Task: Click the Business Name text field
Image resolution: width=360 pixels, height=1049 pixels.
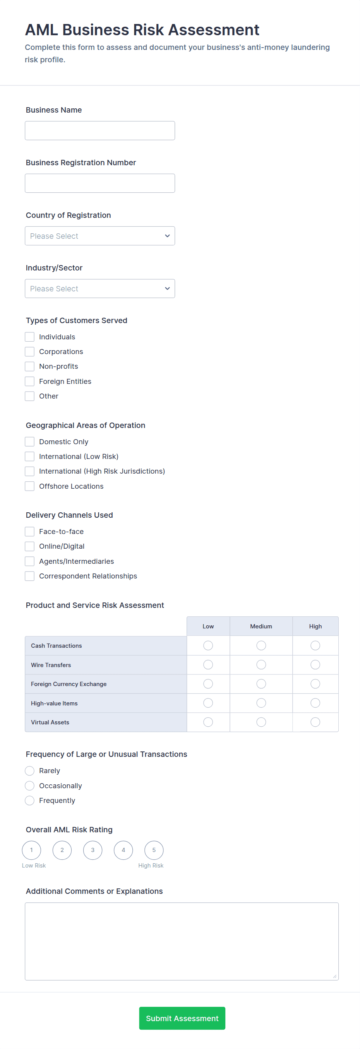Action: (100, 131)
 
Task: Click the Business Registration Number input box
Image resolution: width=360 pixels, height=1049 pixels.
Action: (100, 183)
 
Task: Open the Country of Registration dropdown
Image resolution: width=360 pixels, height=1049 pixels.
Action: (100, 236)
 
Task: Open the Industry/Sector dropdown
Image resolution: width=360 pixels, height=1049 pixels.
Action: (100, 289)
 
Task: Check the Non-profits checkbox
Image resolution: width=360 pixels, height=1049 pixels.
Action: (30, 366)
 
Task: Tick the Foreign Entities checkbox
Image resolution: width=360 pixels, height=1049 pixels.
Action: (30, 382)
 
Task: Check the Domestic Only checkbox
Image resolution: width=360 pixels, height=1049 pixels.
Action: (30, 442)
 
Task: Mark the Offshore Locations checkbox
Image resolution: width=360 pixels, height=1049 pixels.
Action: (30, 486)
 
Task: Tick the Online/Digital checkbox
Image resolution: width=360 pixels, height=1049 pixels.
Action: (30, 546)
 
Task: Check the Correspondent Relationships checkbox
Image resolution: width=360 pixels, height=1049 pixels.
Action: (30, 576)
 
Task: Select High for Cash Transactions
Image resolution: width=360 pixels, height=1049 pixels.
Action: (315, 646)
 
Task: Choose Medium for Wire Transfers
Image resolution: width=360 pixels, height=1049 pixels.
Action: (261, 665)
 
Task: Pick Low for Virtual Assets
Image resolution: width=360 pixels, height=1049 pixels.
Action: (208, 722)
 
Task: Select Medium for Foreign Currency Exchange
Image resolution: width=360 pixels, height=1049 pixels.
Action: (261, 684)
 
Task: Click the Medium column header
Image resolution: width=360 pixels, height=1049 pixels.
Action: (261, 627)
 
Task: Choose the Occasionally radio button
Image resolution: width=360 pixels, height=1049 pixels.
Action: (30, 786)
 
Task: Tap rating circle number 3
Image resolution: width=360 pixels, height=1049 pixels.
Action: (93, 850)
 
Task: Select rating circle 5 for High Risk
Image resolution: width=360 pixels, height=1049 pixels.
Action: (154, 850)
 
